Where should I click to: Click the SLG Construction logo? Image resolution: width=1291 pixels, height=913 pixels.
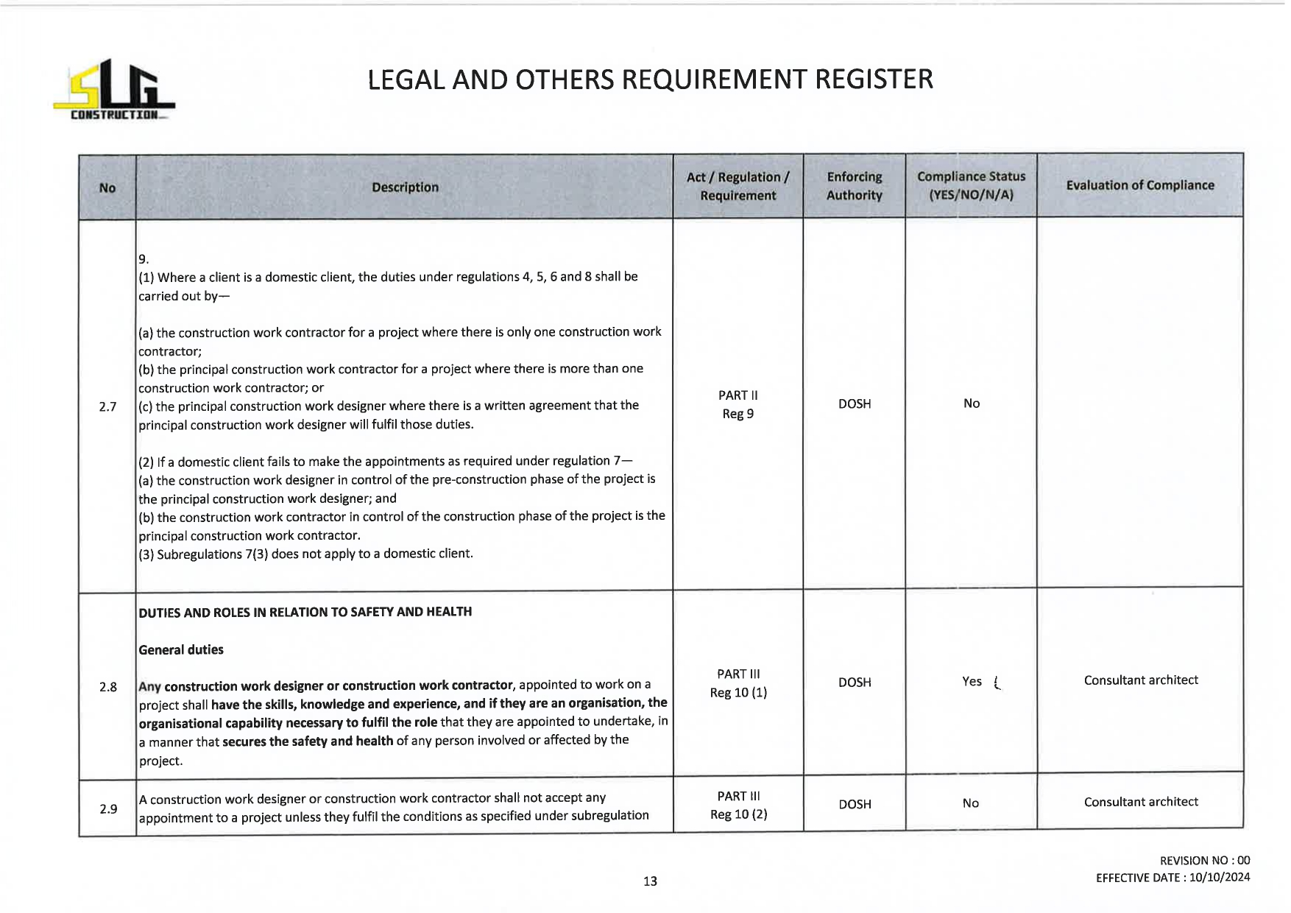(114, 91)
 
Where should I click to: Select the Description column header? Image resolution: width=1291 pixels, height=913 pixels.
(405, 187)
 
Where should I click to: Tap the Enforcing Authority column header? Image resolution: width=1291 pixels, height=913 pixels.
(854, 186)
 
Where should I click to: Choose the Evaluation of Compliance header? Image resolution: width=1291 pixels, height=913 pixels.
(1139, 186)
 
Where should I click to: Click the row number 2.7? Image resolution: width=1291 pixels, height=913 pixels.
(107, 406)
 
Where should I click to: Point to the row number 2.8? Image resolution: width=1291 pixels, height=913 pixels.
(108, 687)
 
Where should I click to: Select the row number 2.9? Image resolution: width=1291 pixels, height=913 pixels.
(108, 808)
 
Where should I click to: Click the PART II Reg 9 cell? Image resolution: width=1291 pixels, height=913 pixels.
(738, 405)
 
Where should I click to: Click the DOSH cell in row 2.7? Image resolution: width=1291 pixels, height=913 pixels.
(854, 404)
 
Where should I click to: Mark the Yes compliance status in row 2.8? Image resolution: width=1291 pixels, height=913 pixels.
(972, 682)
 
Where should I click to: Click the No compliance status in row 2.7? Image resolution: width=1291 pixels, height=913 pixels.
(972, 403)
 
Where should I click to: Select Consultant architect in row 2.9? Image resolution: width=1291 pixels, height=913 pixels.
(1140, 802)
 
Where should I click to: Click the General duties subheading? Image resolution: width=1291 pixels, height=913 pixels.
(181, 649)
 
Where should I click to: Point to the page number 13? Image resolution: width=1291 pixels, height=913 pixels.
(650, 881)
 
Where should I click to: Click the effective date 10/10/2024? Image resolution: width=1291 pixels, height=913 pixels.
(1219, 878)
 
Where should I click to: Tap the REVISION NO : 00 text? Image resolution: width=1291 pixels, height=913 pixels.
(1204, 861)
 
